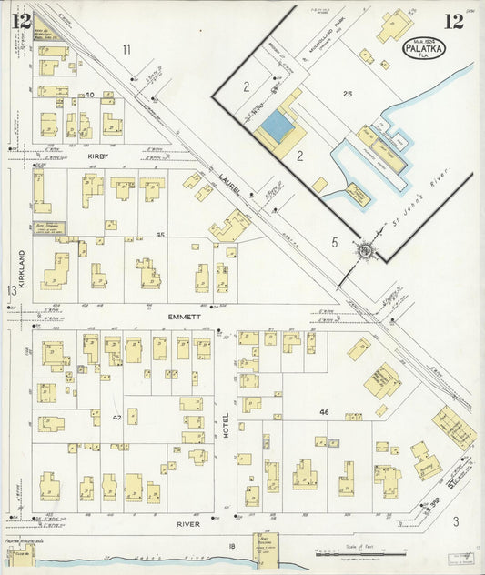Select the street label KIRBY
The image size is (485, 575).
[98, 156]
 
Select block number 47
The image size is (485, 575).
[117, 417]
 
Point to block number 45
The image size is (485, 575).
[160, 235]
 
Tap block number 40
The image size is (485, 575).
[89, 95]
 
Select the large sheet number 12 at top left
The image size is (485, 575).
[21, 19]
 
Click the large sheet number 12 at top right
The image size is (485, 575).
[452, 21]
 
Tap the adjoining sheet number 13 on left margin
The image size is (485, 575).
[12, 290]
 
